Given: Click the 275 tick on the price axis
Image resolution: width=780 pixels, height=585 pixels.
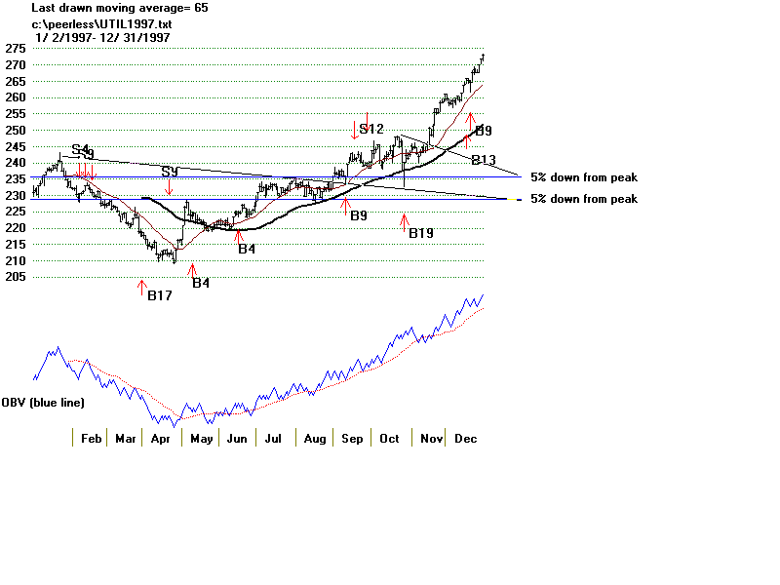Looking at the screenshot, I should (14, 48).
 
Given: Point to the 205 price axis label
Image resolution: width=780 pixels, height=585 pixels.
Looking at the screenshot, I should (14, 277).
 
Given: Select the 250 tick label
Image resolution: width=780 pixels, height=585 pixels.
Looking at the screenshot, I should (14, 130).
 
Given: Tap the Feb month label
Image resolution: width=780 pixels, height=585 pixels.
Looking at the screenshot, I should (91, 439).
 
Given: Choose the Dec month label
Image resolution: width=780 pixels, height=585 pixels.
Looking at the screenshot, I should (465, 439).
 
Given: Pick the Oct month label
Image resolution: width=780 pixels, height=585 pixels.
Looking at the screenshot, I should (390, 439).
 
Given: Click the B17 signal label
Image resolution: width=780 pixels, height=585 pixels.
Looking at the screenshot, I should (160, 295).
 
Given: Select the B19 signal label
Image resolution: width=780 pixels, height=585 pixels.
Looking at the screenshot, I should (421, 233).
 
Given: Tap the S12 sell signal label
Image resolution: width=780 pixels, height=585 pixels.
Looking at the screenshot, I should (371, 129).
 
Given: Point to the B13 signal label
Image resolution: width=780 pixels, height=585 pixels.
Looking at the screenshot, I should (484, 160).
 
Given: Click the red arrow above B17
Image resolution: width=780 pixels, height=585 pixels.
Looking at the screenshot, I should (142, 288).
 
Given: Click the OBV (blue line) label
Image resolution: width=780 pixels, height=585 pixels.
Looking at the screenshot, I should (43, 403).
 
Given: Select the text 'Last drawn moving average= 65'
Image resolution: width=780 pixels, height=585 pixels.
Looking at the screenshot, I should (119, 8).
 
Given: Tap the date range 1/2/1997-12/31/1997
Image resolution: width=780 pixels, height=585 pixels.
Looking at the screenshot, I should (101, 37).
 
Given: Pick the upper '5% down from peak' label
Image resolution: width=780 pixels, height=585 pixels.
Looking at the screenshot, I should (584, 177).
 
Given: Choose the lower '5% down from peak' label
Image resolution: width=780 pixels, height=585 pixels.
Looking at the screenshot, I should (584, 199).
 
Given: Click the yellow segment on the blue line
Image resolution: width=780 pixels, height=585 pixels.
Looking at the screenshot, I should (514, 199).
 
